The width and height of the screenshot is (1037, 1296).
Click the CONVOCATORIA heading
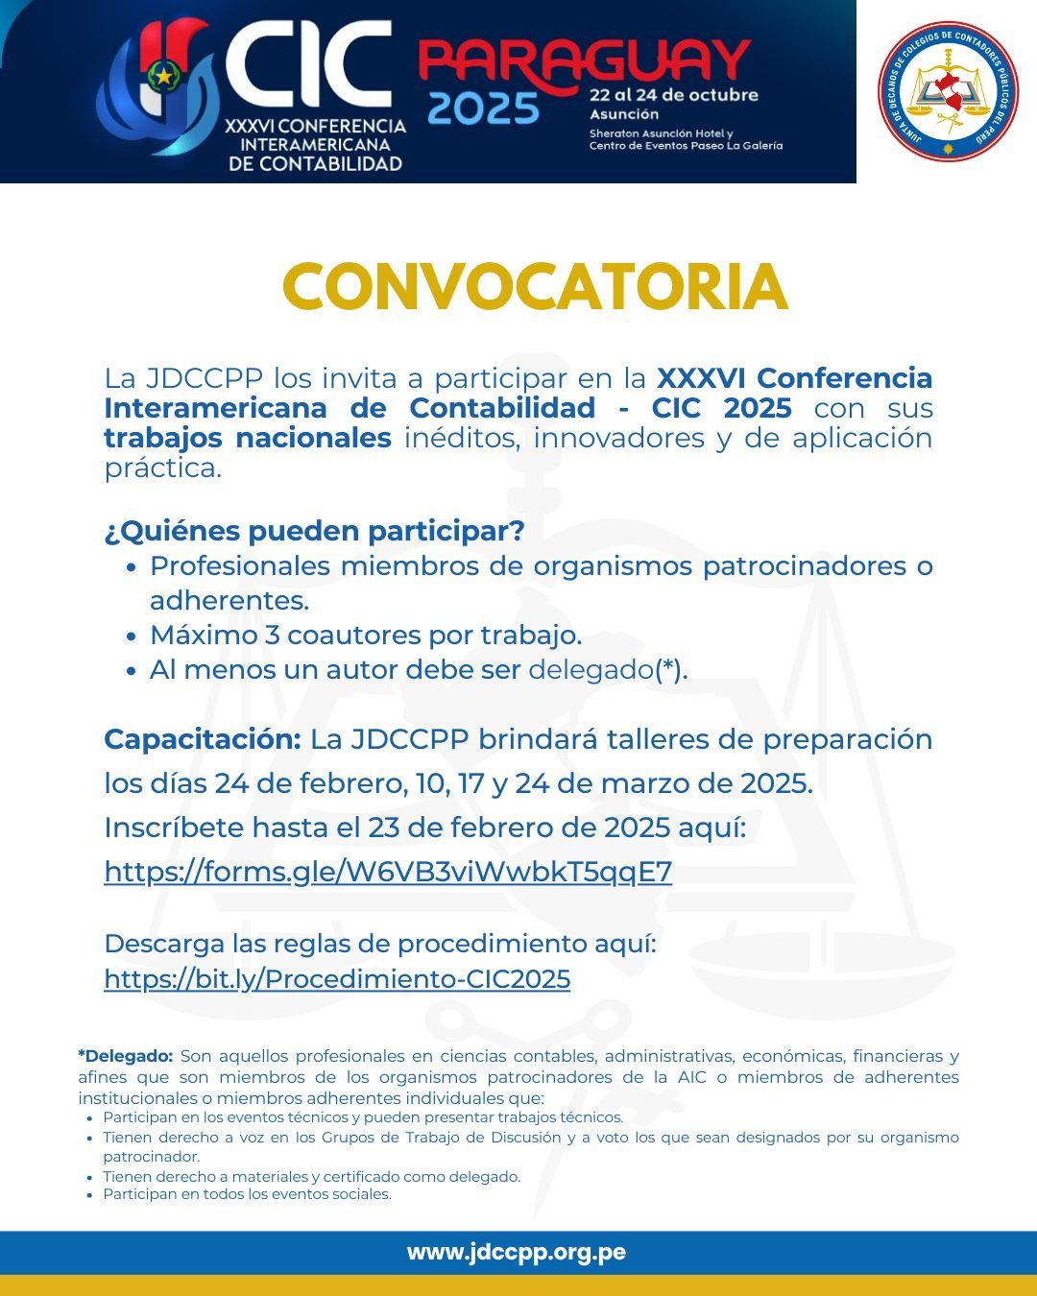point(535,287)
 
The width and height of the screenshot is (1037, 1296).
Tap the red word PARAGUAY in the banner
point(584,62)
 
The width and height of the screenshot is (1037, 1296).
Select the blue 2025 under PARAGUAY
point(483,108)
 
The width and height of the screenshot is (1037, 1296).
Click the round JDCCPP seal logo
point(948,92)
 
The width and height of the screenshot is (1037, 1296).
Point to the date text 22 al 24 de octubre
point(673,95)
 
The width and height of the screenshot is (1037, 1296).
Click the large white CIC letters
point(307,65)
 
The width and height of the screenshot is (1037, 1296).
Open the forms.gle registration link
point(388,872)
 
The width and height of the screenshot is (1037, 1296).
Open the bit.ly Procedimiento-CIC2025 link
point(337,979)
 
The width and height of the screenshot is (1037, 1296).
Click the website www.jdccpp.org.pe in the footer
point(517,1252)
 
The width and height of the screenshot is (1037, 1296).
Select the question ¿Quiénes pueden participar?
point(314,531)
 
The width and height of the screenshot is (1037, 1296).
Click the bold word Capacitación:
point(203,739)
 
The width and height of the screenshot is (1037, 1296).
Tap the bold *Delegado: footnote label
point(126,1056)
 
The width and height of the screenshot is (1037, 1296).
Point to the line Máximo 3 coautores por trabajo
point(365,636)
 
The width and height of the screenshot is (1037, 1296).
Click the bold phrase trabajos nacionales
point(248,438)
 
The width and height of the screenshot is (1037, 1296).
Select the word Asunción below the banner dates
point(624,114)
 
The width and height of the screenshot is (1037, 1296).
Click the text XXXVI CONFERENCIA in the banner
point(315,126)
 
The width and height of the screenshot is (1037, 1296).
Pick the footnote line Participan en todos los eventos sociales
point(247,1194)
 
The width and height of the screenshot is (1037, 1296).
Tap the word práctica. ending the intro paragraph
point(162,468)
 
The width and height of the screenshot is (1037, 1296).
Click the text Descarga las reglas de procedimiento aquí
point(380,944)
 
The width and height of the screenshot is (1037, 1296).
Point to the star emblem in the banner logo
point(164,74)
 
